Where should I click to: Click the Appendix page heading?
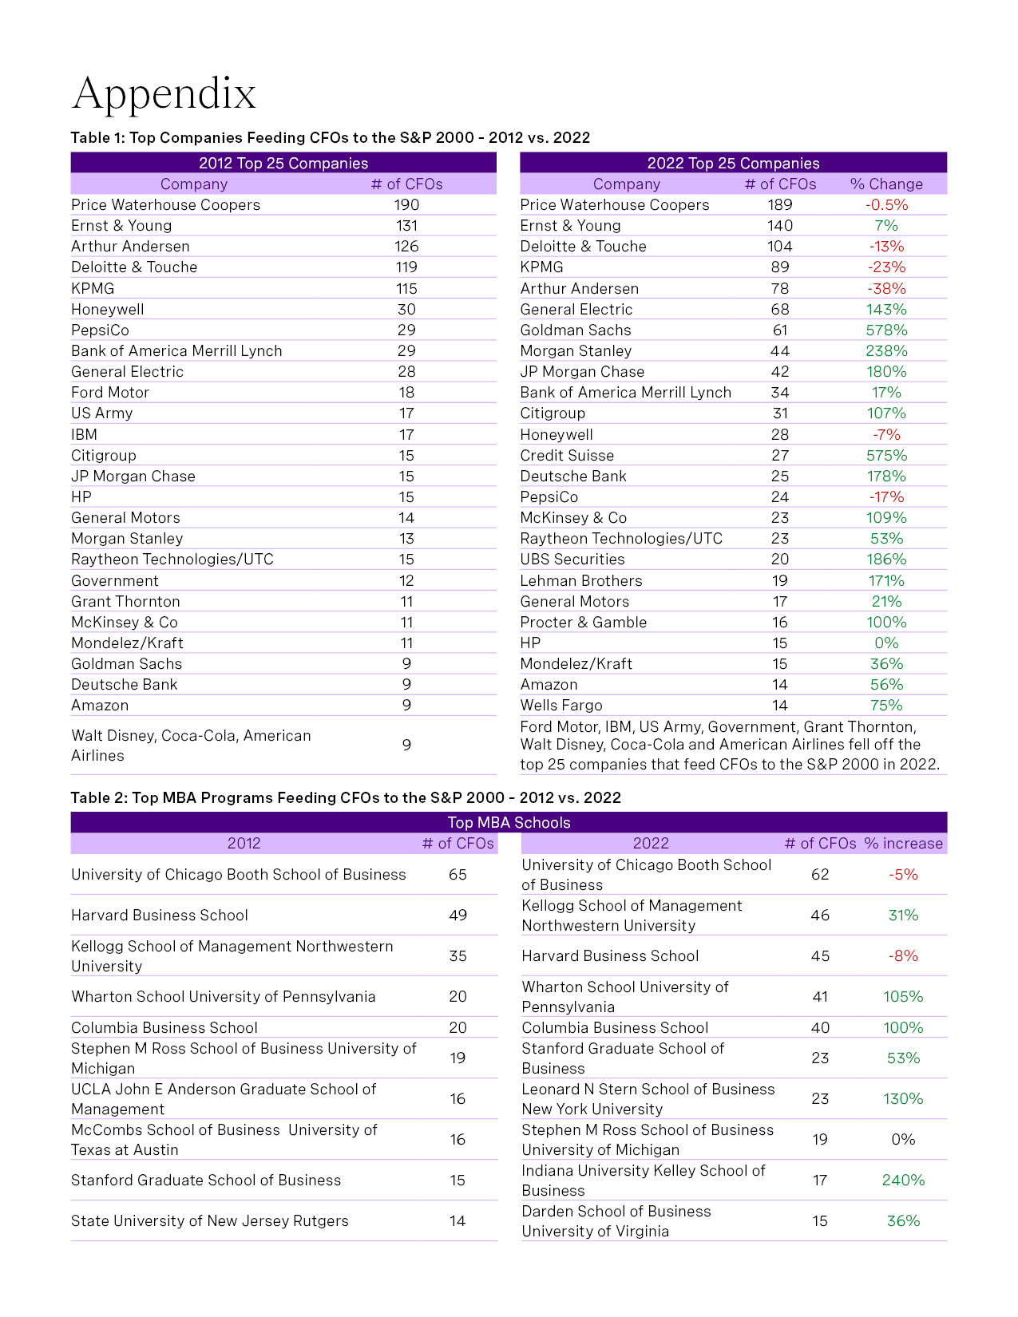coord(164,94)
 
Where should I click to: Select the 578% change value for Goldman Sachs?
coord(886,330)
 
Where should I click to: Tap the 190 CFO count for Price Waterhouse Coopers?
coord(406,205)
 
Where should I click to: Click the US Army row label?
coord(102,413)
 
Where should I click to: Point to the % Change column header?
coord(886,184)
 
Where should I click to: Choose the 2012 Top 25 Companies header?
coord(283,164)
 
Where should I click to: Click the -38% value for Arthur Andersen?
coord(886,289)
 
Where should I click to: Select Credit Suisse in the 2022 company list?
coord(567,456)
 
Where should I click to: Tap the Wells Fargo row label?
coord(561,706)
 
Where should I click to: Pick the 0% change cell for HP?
coord(886,643)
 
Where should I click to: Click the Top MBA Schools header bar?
coord(509,823)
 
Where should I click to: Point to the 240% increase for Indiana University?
coord(903,1181)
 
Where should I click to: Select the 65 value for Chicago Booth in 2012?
coord(458,875)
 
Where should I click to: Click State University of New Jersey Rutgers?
coord(210,1221)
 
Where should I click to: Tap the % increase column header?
coord(903,844)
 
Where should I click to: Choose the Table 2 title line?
coord(346,798)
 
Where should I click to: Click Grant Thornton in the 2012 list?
coord(125,602)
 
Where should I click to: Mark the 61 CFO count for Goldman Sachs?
coord(780,330)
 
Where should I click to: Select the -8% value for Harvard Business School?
coord(903,956)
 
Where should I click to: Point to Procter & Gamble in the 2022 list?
coord(584,623)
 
